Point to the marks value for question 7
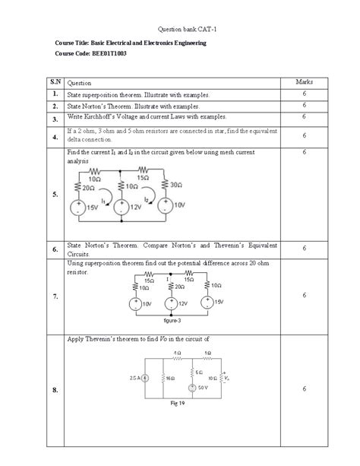[303, 296]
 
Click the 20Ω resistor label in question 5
[88, 187]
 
